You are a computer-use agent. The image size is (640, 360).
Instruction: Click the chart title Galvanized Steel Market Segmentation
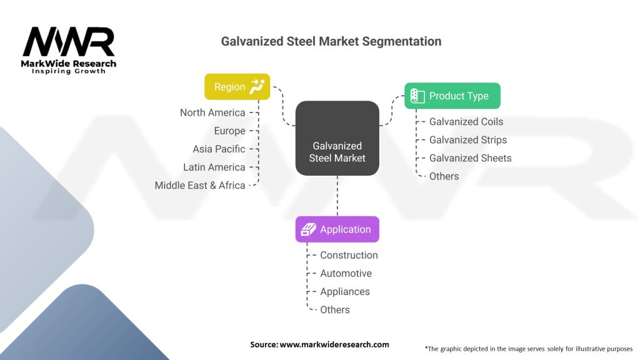pos(331,41)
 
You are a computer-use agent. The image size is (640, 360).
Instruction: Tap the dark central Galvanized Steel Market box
pos(337,137)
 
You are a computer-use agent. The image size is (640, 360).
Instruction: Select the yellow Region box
pos(237,87)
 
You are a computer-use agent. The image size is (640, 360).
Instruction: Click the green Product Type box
pos(452,96)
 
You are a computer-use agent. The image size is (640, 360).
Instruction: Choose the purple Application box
pos(337,229)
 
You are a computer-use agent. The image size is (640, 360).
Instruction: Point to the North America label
pos(212,112)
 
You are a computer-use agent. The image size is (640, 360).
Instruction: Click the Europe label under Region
pos(229,131)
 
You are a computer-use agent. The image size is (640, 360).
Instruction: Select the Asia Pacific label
pos(219,149)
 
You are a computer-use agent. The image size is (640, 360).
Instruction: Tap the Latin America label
pos(214,167)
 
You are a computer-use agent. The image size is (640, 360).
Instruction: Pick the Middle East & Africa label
pos(200,185)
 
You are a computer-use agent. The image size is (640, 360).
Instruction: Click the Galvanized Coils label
pos(466,122)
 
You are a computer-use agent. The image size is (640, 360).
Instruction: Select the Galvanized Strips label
pos(467,140)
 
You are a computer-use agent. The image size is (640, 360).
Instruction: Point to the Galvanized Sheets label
pos(470,158)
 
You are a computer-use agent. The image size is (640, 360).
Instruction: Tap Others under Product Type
pos(444,176)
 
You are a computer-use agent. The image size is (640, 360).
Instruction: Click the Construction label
pos(349,255)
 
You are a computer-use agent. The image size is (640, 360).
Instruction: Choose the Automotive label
pos(346,273)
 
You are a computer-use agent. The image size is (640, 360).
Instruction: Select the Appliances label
pos(344,291)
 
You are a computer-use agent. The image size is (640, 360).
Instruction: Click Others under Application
pos(335,309)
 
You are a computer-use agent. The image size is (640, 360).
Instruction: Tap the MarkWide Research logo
pos(69,50)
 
